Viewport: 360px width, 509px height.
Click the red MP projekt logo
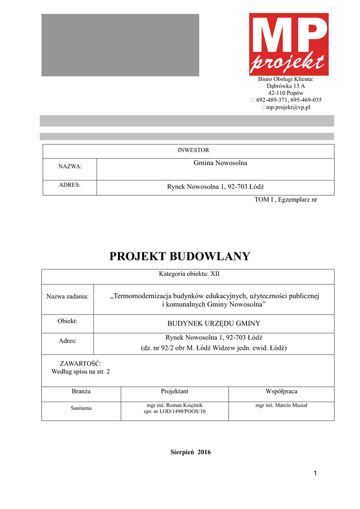tap(288, 44)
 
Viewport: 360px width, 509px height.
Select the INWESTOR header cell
tap(193, 150)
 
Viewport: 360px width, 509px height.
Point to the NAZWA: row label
tap(70, 167)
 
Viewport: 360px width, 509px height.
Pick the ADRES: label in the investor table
tap(70, 185)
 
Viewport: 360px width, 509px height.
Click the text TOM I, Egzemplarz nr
tap(282, 199)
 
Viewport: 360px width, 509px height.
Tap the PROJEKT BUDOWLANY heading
tap(180, 256)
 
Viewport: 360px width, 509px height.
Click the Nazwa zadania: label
tap(68, 297)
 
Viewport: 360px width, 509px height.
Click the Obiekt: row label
tap(68, 321)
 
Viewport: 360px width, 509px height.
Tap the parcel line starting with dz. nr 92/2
tap(214, 348)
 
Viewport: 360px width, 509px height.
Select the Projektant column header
tap(175, 392)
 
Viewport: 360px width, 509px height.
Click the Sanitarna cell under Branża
tap(81, 408)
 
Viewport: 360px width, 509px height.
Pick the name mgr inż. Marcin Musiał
tap(281, 405)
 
